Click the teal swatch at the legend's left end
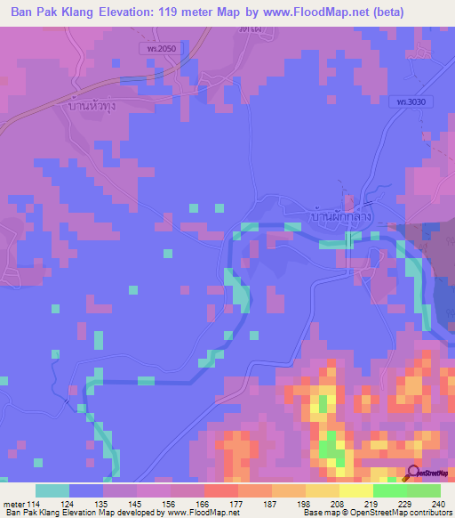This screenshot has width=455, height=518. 52,490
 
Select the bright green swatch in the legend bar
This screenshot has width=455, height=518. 389,490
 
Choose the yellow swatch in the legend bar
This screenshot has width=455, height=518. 355,490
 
